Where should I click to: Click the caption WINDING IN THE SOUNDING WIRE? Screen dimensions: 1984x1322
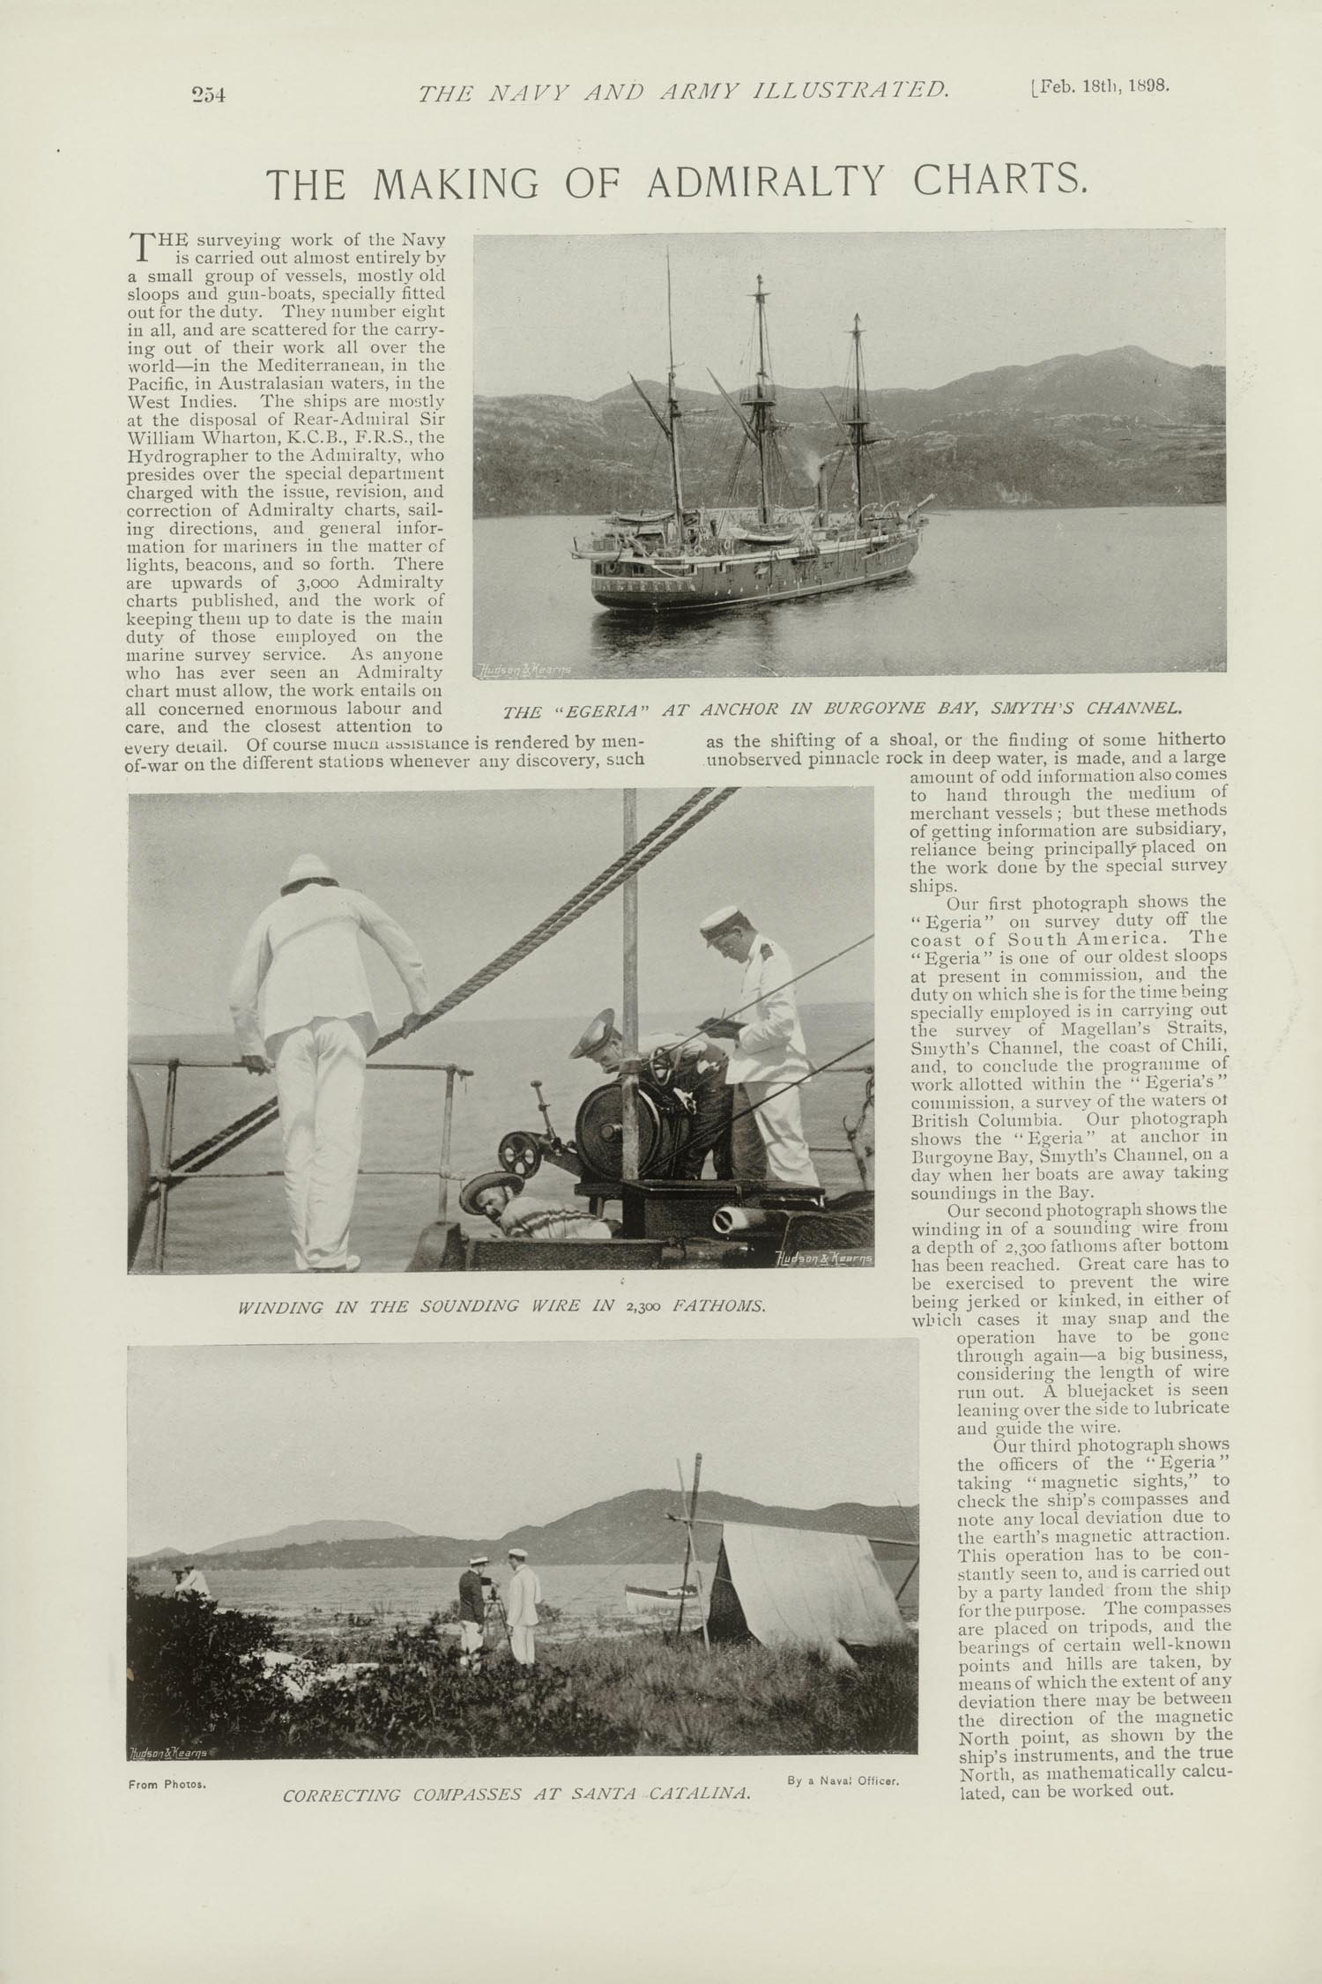click(501, 1305)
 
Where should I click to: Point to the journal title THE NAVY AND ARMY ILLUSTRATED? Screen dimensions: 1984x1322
click(684, 90)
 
